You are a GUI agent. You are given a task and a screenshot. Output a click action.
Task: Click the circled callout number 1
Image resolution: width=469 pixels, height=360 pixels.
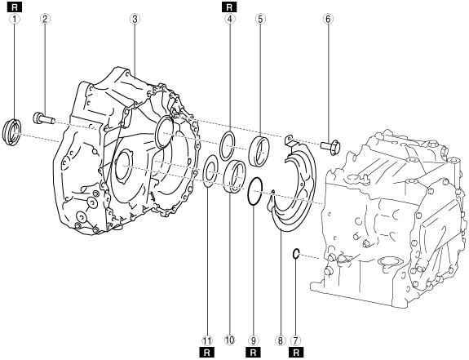(15, 19)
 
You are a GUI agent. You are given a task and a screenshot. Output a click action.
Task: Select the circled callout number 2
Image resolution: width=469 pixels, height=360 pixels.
(45, 19)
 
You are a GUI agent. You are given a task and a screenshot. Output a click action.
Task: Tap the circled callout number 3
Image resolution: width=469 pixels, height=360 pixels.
(135, 19)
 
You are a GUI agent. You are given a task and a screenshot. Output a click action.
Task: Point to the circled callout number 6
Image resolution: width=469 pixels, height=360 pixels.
(328, 19)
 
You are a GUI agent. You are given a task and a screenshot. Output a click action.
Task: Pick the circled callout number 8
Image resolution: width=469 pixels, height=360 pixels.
(281, 340)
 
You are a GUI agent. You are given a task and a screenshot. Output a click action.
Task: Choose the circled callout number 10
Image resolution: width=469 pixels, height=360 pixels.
(230, 340)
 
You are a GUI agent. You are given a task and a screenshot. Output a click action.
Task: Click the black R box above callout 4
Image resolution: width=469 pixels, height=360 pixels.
(229, 7)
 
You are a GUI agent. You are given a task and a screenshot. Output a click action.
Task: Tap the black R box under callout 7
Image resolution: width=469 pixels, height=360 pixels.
(296, 353)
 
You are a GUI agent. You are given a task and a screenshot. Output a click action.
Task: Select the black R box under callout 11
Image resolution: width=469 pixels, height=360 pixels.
(206, 353)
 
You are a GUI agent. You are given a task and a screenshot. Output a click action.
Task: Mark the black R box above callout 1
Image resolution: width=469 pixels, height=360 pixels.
(15, 7)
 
